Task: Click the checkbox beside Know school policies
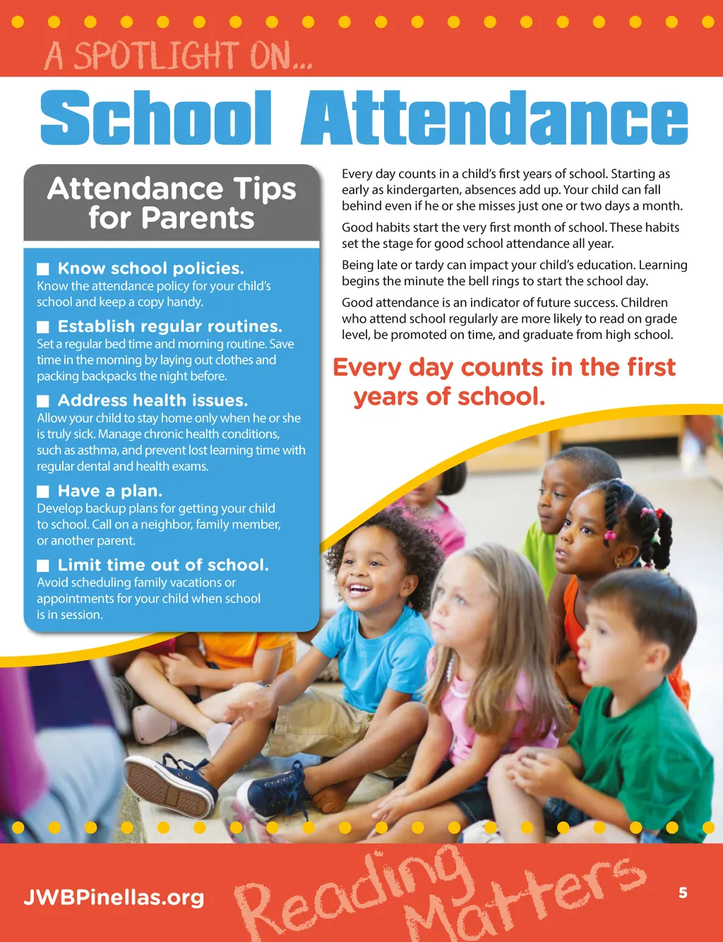[x=43, y=269]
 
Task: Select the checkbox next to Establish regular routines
[x=43, y=327]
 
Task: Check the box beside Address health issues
[x=43, y=401]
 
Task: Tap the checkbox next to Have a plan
[x=43, y=491]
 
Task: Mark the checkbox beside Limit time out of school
[x=43, y=566]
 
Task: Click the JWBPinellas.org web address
[x=114, y=898]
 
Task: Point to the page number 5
[x=683, y=893]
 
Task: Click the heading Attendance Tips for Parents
[x=172, y=203]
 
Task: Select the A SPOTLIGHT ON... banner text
[x=178, y=56]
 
